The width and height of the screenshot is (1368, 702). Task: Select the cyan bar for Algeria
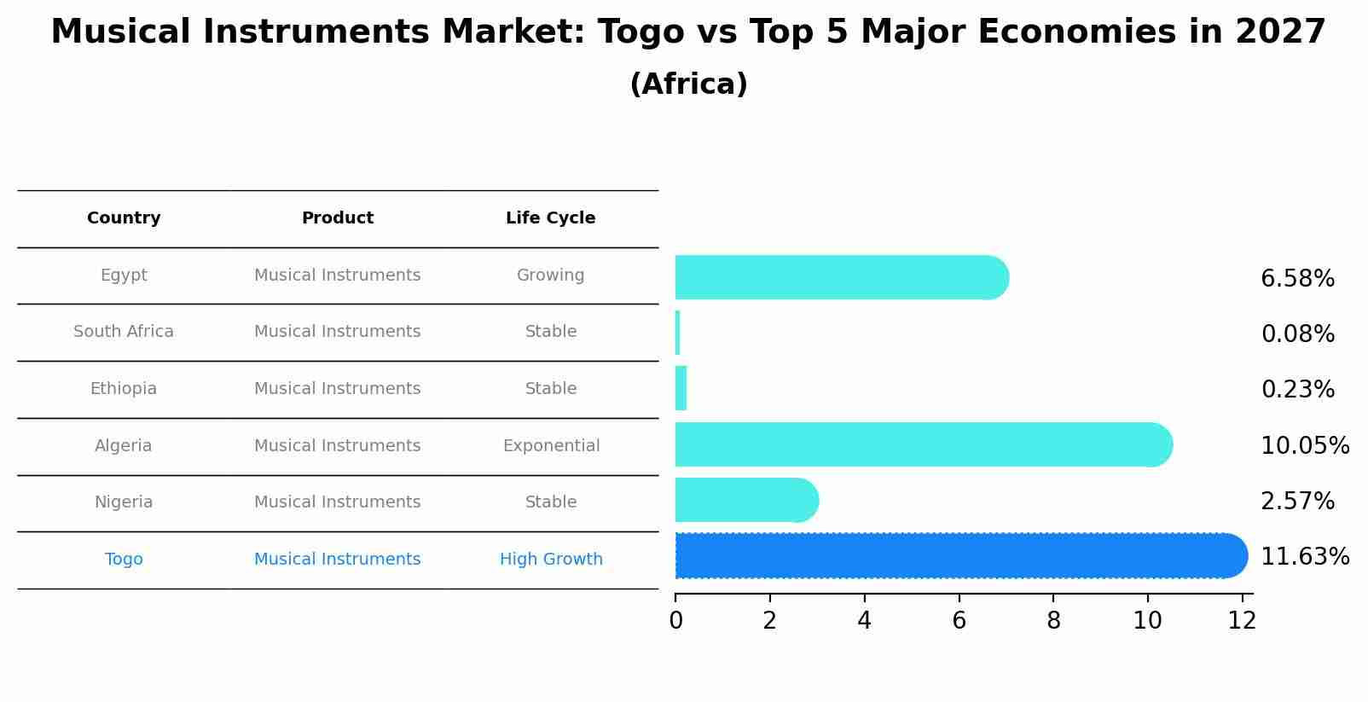click(921, 444)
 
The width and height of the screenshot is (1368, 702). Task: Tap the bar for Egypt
click(840, 277)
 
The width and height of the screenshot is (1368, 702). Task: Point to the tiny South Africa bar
click(677, 333)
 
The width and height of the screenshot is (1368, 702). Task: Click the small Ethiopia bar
click(681, 388)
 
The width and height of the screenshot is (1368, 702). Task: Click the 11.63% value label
click(1304, 557)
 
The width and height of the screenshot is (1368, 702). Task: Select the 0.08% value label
click(1297, 334)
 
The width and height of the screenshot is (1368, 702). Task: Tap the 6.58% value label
click(1297, 279)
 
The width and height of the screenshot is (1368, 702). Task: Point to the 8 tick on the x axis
click(1053, 621)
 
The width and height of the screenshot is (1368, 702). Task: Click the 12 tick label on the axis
click(1242, 621)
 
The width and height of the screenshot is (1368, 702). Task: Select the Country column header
click(124, 218)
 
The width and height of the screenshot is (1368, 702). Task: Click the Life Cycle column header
click(550, 218)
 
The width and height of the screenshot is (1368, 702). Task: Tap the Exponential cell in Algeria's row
click(551, 446)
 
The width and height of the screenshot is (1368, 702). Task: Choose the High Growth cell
click(551, 560)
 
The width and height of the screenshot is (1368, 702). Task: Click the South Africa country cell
click(124, 332)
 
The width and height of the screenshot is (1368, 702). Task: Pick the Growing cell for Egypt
click(550, 276)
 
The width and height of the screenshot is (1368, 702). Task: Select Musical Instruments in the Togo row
click(337, 560)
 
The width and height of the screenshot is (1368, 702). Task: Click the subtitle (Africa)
click(688, 84)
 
